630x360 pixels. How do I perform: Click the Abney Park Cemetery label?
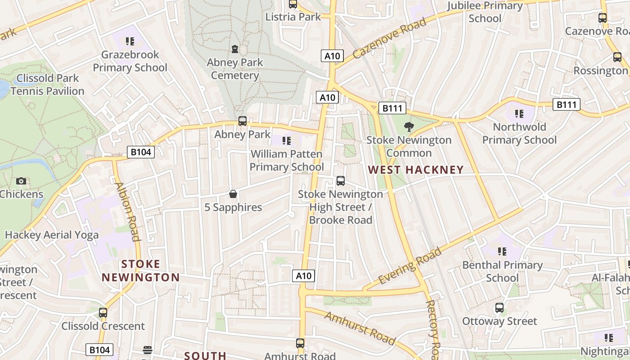click(234, 69)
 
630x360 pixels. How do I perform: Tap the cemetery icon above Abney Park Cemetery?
click(234, 49)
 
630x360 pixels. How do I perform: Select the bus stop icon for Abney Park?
click(242, 121)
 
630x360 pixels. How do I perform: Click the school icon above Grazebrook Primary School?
click(130, 41)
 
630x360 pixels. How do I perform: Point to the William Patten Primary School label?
click(287, 160)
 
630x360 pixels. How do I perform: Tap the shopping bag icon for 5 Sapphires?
click(233, 194)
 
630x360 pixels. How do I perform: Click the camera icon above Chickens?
click(21, 181)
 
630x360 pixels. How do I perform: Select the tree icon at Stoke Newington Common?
click(409, 126)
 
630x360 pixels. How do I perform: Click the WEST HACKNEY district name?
click(416, 170)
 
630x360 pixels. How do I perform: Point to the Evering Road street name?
click(410, 266)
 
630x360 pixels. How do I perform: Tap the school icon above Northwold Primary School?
click(519, 113)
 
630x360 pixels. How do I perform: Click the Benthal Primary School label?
click(502, 271)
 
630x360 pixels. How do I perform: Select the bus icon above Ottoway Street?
click(499, 308)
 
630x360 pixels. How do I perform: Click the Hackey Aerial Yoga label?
click(51, 234)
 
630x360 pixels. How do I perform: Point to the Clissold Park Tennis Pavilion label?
click(47, 85)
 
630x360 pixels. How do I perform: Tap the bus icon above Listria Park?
click(293, 4)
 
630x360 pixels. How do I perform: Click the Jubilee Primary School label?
click(485, 12)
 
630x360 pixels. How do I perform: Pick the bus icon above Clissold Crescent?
click(103, 312)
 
